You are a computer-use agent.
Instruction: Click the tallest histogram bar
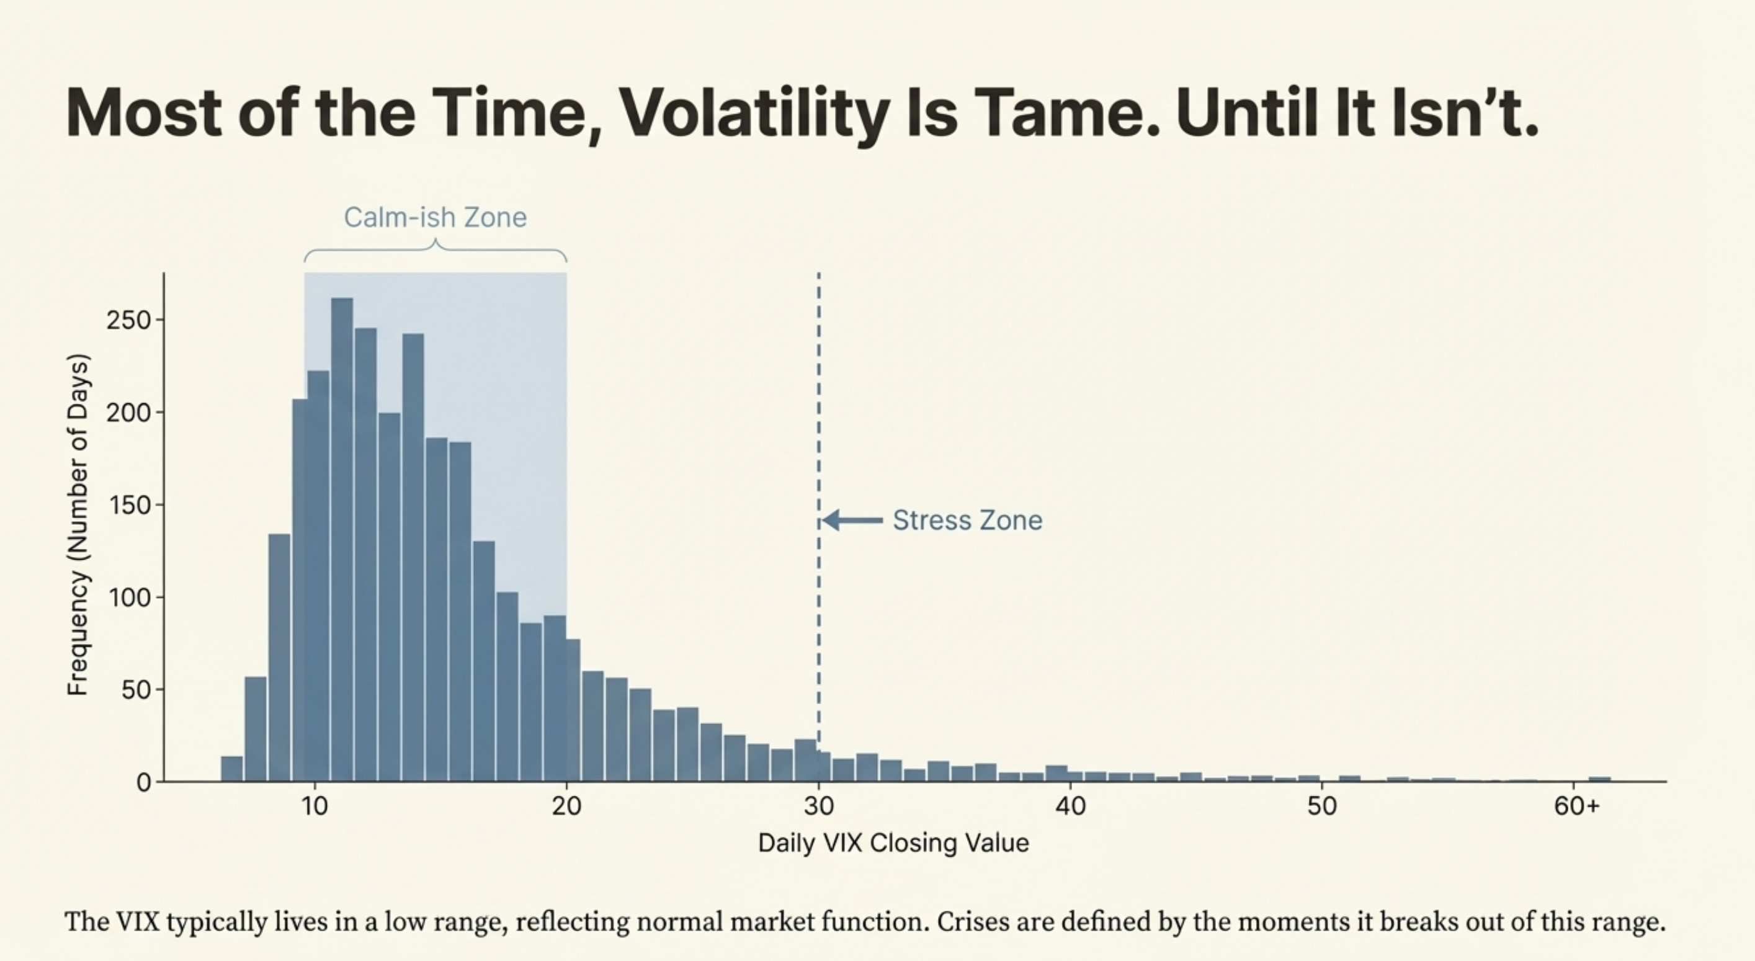point(342,539)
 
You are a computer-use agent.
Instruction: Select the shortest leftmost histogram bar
point(231,768)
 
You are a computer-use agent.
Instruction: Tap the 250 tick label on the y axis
point(127,320)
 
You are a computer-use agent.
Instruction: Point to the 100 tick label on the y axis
point(127,597)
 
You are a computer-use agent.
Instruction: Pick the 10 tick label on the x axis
point(315,807)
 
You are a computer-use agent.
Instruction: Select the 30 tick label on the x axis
point(819,807)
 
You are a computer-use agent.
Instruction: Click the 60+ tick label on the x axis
point(1576,807)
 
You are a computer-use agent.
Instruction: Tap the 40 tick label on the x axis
point(1070,807)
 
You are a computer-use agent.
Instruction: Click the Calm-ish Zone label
point(435,217)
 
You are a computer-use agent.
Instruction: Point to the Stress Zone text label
point(967,521)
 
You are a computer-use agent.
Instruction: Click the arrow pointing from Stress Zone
point(852,521)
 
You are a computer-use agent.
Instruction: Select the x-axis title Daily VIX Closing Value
point(893,843)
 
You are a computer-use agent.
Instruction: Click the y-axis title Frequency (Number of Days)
point(78,525)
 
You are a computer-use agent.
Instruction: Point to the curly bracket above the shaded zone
point(435,251)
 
